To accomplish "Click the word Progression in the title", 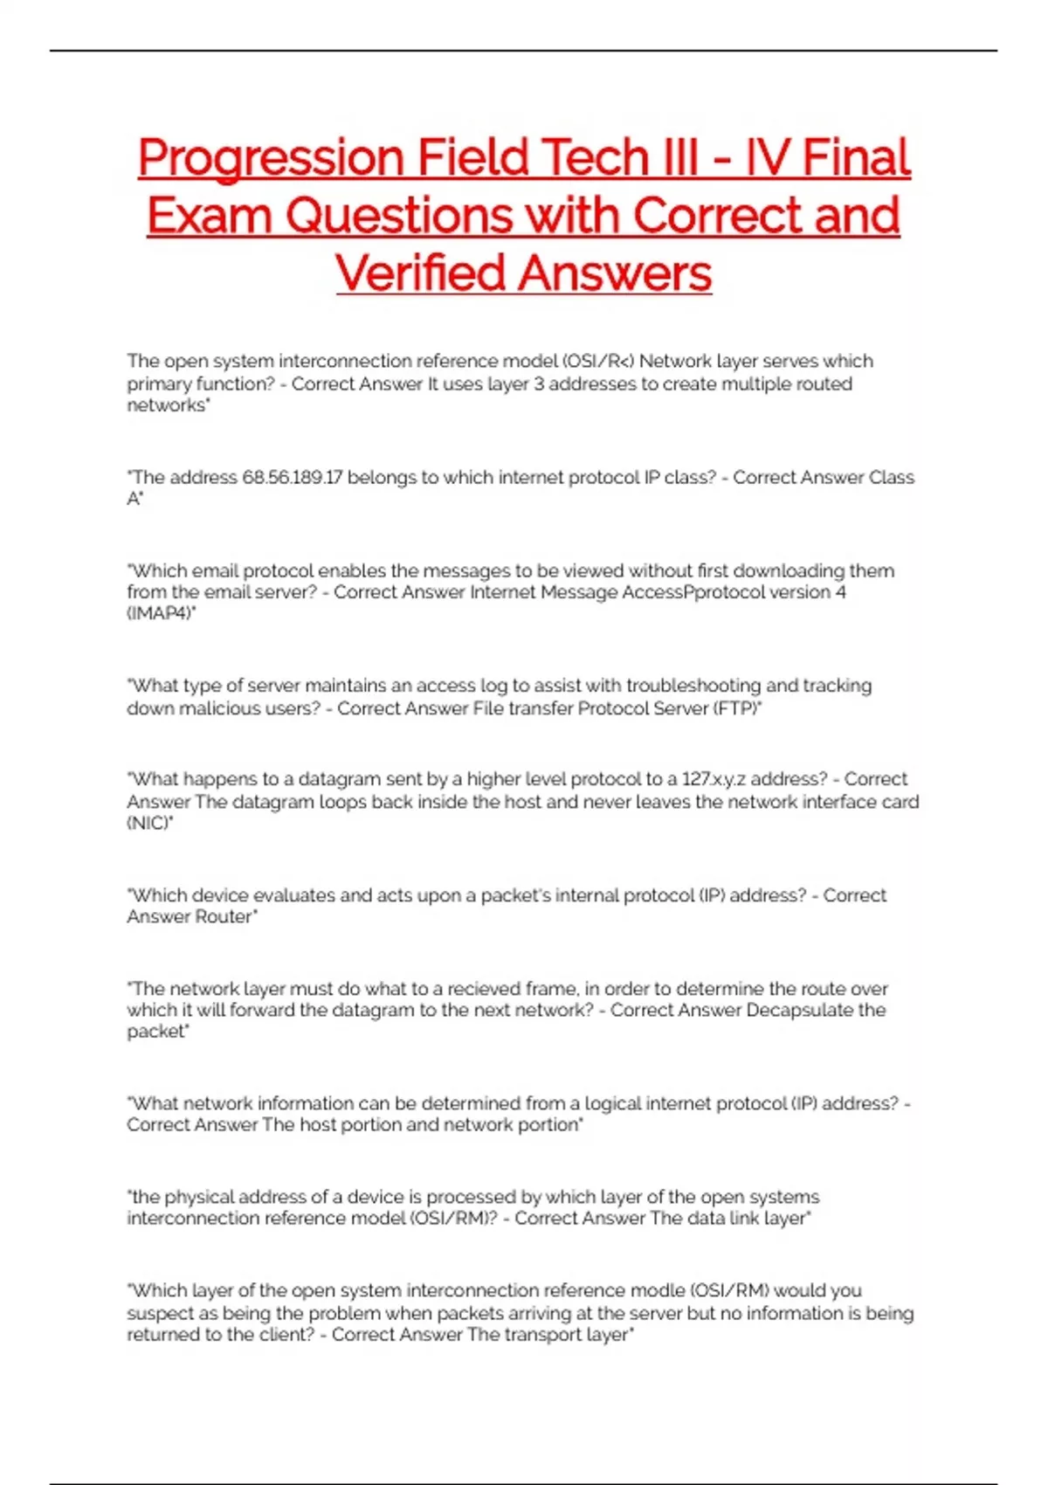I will [x=271, y=158].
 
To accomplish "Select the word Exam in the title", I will [x=209, y=216].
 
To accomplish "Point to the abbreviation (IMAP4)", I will [x=161, y=614].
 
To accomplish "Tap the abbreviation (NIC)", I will [x=149, y=823].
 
